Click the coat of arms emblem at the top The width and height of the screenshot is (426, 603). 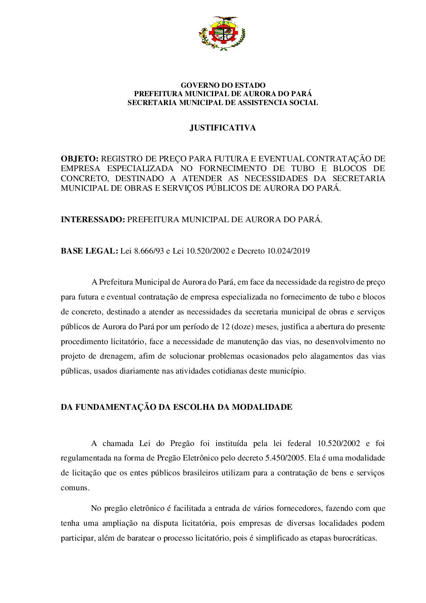pyautogui.click(x=222, y=33)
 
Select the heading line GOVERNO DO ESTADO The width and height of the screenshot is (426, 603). pyautogui.click(x=223, y=85)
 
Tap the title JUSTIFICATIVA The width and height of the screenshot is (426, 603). pyautogui.click(x=223, y=128)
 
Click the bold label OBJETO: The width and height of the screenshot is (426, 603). pyautogui.click(x=79, y=159)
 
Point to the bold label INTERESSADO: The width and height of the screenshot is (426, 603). pyautogui.click(x=93, y=220)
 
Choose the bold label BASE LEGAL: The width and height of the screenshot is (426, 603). pyautogui.click(x=89, y=251)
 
